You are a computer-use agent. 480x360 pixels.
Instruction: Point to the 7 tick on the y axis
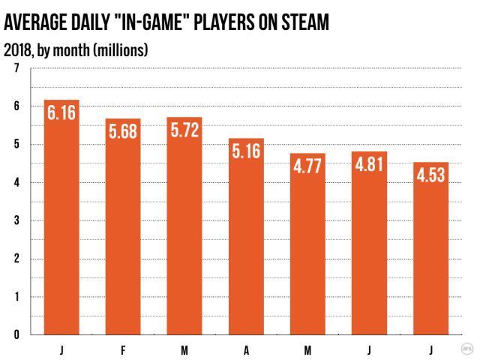(16, 68)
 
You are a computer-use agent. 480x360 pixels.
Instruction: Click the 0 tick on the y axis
(16, 335)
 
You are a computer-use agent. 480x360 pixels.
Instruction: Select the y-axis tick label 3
(16, 221)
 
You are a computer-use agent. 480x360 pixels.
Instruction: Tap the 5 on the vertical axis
(16, 145)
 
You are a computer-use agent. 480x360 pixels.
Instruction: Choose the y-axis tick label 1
(16, 297)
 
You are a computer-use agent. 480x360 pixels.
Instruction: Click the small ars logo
(466, 348)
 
